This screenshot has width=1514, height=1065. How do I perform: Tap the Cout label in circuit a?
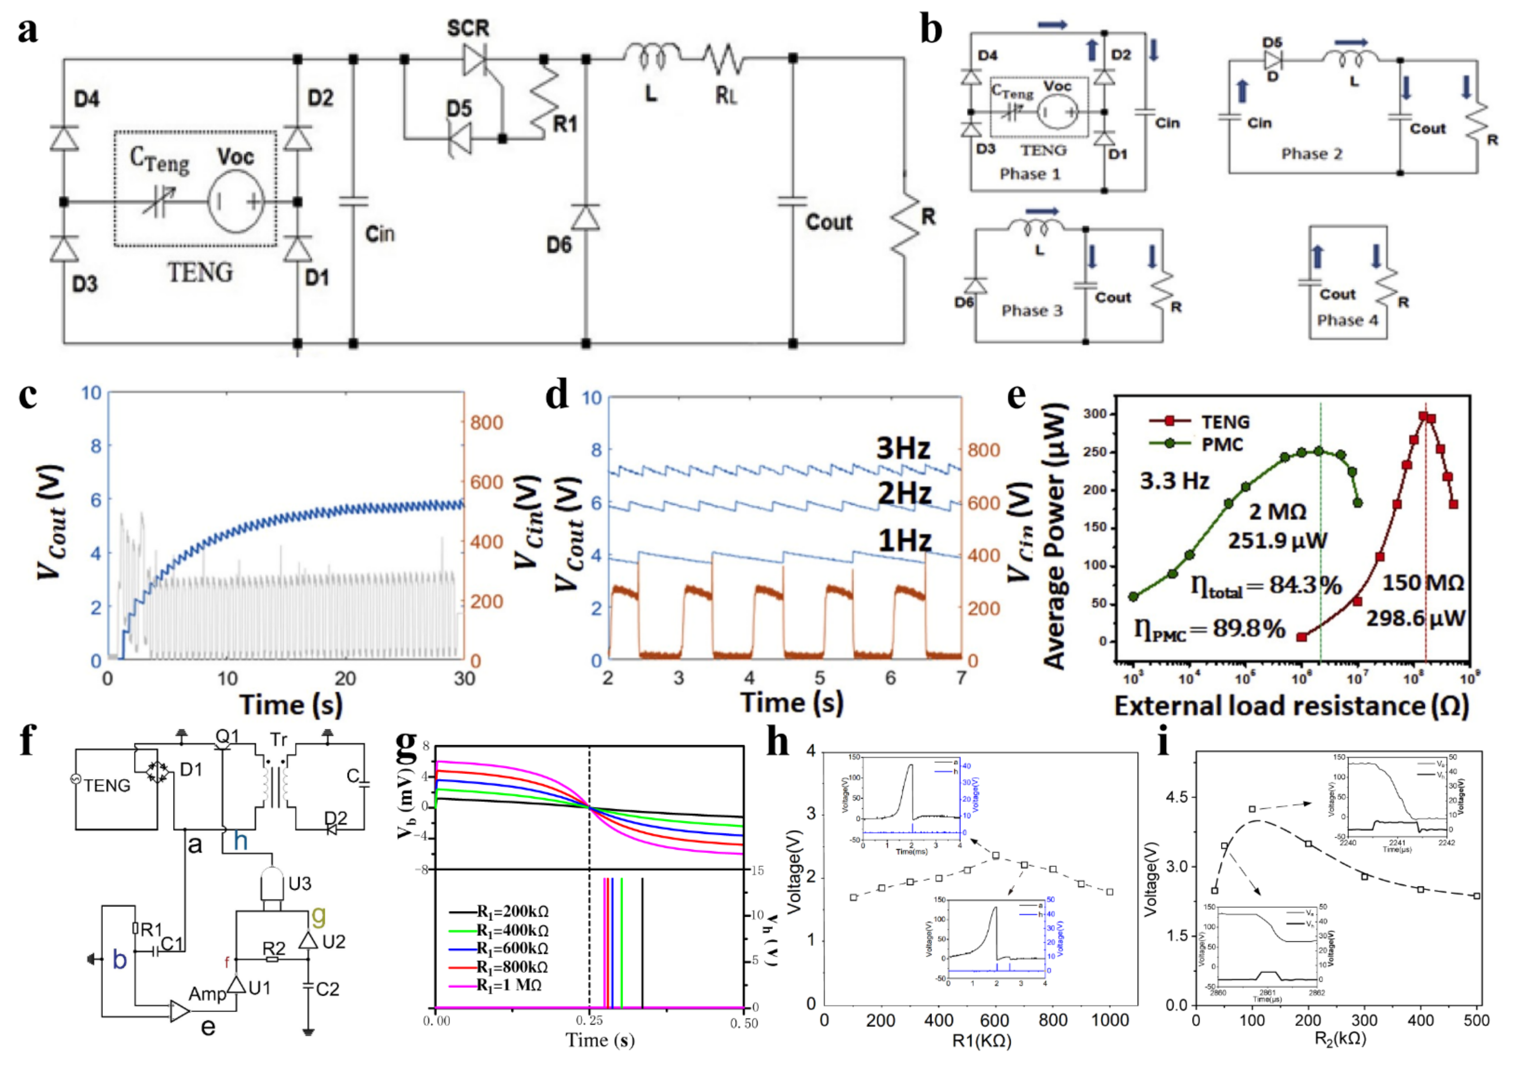(x=829, y=222)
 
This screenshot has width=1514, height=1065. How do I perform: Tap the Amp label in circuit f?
(x=207, y=994)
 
